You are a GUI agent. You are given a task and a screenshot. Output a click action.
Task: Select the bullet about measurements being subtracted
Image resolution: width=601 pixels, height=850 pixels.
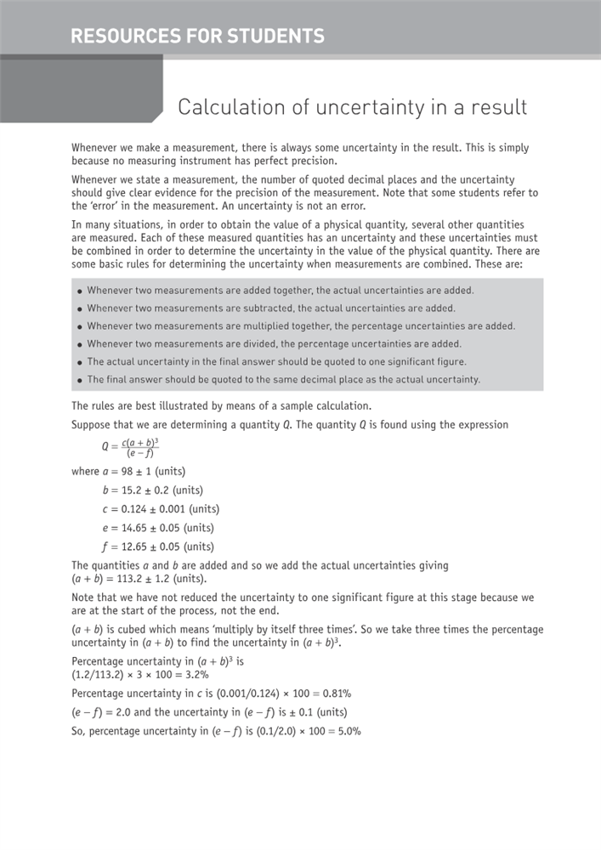270,308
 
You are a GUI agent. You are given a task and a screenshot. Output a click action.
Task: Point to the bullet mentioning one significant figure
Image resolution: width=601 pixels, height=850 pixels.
276,361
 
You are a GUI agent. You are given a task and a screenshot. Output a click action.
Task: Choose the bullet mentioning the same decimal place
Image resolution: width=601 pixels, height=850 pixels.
283,379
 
